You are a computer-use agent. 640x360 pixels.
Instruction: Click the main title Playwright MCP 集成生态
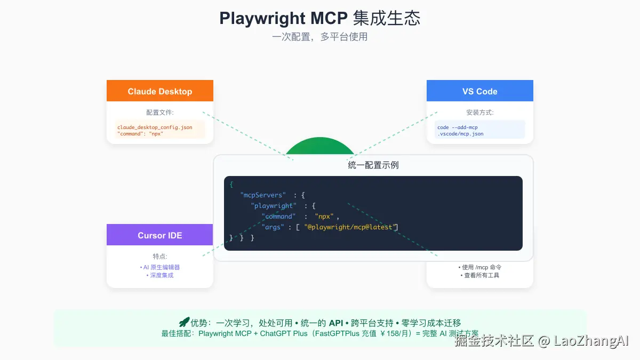(x=320, y=18)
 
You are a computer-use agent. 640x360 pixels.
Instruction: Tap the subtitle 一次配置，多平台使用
(x=320, y=37)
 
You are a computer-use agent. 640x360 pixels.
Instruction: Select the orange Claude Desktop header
(x=160, y=91)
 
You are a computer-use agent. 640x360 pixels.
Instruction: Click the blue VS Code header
(x=479, y=91)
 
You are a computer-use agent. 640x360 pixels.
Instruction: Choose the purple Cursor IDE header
(x=160, y=235)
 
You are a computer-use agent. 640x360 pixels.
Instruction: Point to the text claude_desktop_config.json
(x=155, y=127)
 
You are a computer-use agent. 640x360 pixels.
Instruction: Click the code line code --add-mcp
(x=457, y=127)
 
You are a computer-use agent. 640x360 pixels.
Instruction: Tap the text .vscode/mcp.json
(x=460, y=134)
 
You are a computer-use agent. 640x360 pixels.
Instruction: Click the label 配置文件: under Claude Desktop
(x=160, y=113)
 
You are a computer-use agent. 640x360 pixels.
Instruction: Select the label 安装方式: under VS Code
(x=479, y=113)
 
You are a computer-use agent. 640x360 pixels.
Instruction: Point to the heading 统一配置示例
(x=373, y=165)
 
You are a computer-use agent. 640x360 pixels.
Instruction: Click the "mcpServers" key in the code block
(x=263, y=195)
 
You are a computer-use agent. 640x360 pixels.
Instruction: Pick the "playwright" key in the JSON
(x=274, y=205)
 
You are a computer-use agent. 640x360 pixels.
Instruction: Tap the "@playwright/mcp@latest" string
(x=349, y=227)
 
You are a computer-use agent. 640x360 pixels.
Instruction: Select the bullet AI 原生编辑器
(x=160, y=267)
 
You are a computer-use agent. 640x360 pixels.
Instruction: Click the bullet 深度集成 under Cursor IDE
(x=160, y=275)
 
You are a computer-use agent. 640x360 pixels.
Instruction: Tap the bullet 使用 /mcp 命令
(x=479, y=267)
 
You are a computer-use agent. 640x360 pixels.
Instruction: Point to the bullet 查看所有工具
(x=479, y=275)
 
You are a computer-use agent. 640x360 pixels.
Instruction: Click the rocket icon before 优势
(x=184, y=322)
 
